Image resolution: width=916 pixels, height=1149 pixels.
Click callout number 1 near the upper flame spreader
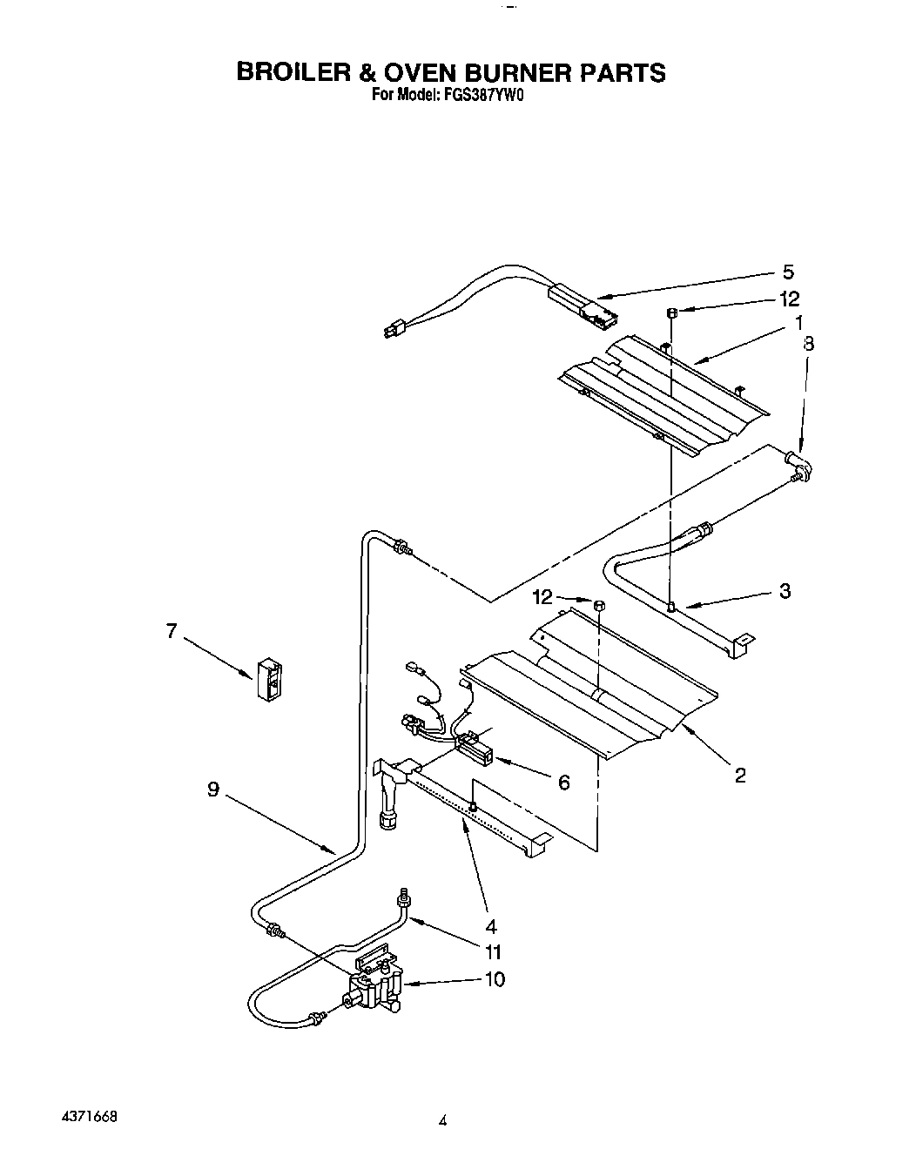pyautogui.click(x=798, y=322)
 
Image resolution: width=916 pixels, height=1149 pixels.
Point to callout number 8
pyautogui.click(x=808, y=344)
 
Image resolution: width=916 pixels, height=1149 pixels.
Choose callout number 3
pyautogui.click(x=785, y=592)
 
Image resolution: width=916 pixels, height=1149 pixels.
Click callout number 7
pyautogui.click(x=172, y=631)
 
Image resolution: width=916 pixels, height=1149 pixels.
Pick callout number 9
pyautogui.click(x=213, y=790)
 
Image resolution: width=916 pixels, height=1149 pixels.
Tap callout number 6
pyautogui.click(x=563, y=783)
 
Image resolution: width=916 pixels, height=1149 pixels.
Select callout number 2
pyautogui.click(x=740, y=774)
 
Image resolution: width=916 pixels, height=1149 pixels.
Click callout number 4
pyautogui.click(x=490, y=925)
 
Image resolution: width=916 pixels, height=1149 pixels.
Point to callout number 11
pyautogui.click(x=493, y=951)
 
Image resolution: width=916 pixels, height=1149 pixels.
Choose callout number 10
pyautogui.click(x=494, y=979)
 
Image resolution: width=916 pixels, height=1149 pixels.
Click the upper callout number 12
pyautogui.click(x=789, y=299)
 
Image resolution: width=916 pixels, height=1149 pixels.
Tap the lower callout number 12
pyautogui.click(x=542, y=597)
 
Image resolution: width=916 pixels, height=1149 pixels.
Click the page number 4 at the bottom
pyautogui.click(x=442, y=1122)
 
